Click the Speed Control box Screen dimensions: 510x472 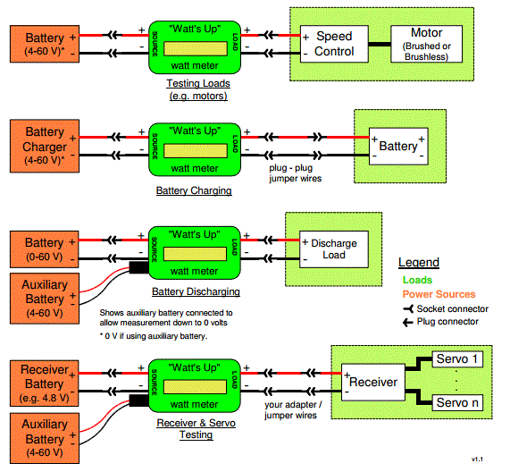click(x=334, y=44)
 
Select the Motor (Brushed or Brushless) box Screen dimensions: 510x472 click(x=426, y=44)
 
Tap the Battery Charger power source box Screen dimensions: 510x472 click(x=45, y=146)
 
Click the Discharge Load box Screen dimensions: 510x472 click(x=334, y=249)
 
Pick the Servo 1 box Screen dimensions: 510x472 click(x=457, y=359)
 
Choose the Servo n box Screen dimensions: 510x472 click(x=457, y=402)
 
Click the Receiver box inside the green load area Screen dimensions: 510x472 click(x=373, y=382)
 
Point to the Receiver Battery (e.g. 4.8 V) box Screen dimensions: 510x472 click(x=45, y=383)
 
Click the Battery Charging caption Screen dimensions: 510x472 click(x=194, y=190)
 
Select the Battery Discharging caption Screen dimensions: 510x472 click(x=196, y=291)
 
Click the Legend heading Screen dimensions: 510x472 click(x=419, y=262)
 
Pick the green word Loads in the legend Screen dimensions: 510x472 click(x=417, y=280)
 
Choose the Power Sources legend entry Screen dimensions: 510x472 click(x=439, y=294)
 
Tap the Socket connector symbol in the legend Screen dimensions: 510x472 click(x=408, y=308)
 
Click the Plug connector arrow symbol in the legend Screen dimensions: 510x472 click(x=408, y=323)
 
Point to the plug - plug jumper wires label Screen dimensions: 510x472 click(x=296, y=173)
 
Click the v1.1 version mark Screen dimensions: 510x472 click(x=477, y=459)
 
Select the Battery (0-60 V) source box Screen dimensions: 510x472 click(x=45, y=249)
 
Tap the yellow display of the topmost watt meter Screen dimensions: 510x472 click(x=196, y=49)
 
